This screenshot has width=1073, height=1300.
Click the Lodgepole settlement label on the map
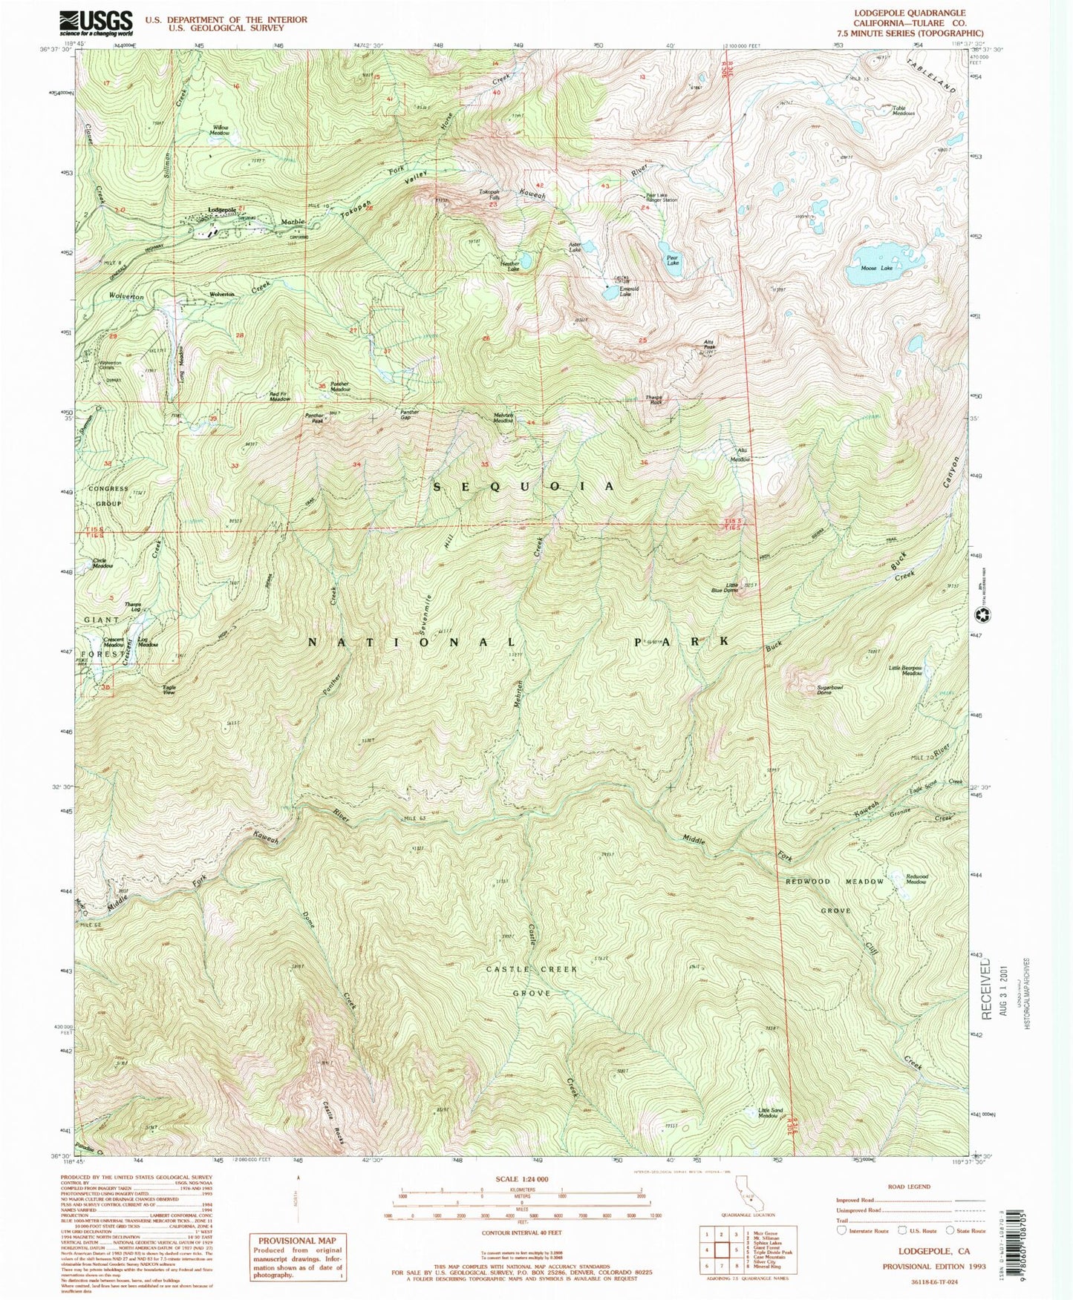point(221,210)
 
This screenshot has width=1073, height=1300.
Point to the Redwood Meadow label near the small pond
point(916,879)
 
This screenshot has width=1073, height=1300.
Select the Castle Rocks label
point(332,1120)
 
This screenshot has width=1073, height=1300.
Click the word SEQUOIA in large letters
point(524,486)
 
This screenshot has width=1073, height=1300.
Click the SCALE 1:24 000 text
point(522,1178)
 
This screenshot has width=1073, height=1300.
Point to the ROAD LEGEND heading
point(908,1186)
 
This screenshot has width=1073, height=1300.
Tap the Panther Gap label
point(410,414)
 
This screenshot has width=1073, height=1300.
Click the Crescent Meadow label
point(113,642)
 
